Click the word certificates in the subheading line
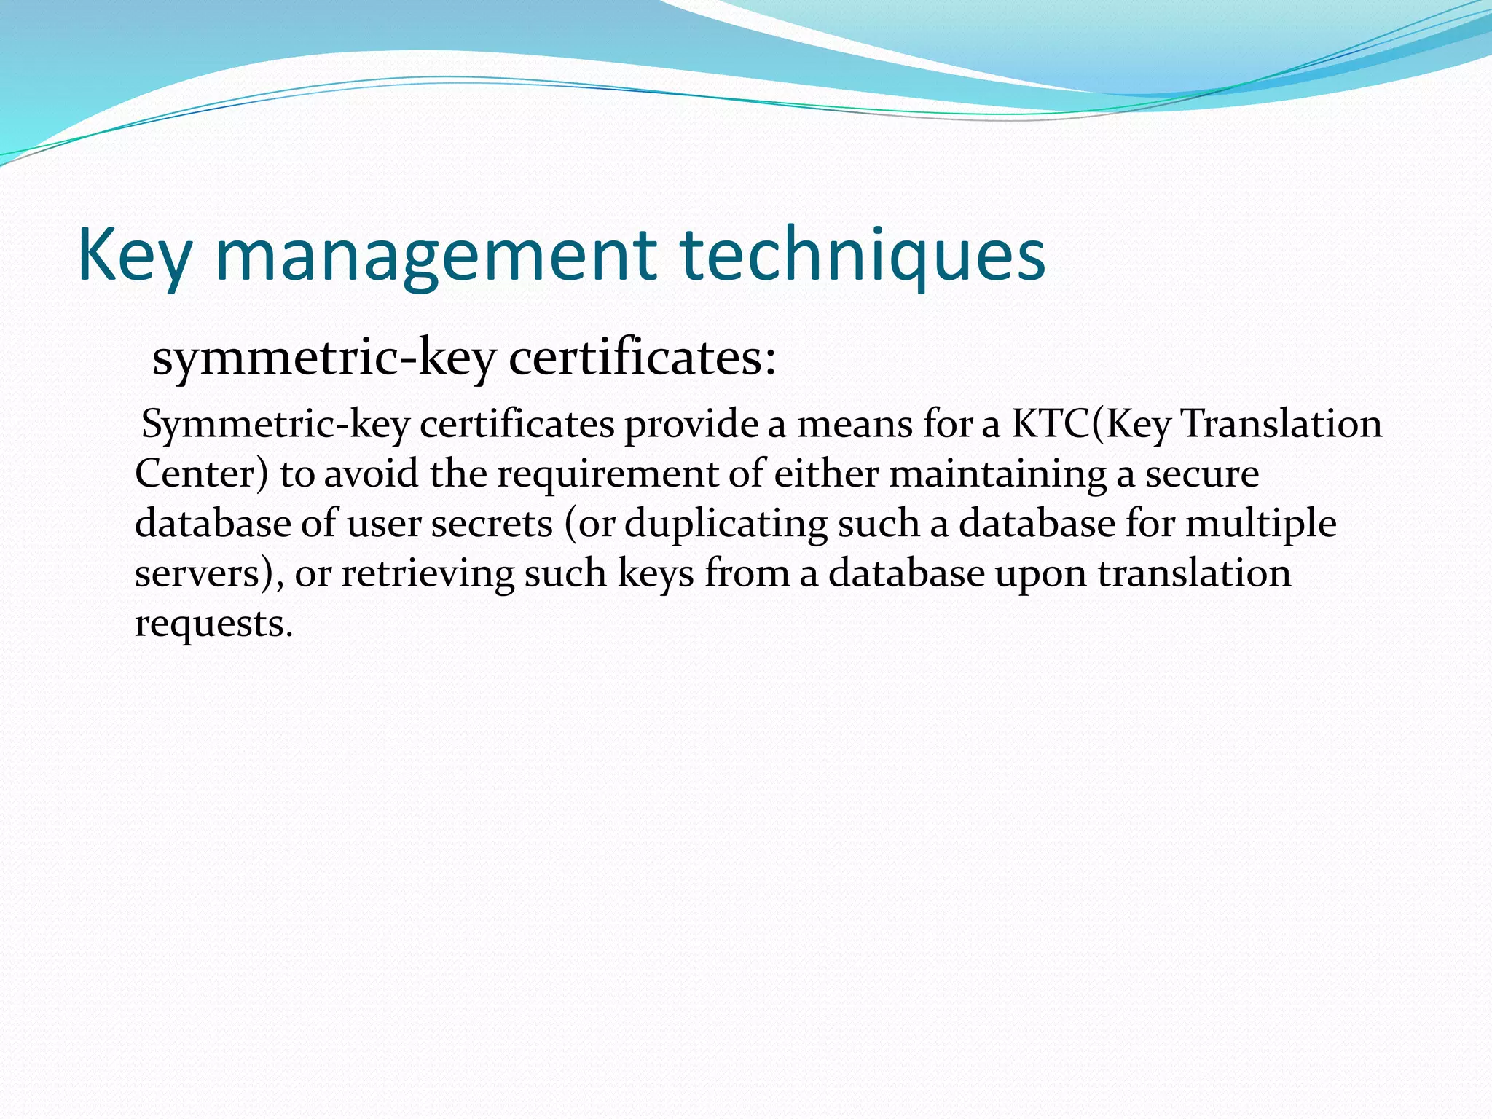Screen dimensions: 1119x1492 point(642,358)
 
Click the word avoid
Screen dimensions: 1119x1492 point(371,474)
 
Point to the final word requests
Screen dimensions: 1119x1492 point(213,624)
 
